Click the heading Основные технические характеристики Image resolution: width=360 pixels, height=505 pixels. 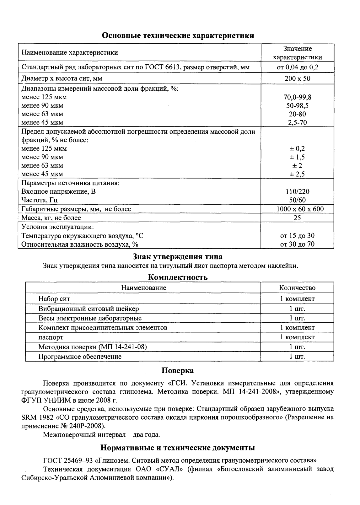coord(178,35)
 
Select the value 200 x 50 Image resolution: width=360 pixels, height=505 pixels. coord(297,78)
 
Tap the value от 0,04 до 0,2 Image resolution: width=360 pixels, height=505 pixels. coord(297,67)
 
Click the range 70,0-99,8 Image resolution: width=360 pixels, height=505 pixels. coord(297,97)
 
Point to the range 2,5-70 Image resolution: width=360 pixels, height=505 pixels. coord(297,123)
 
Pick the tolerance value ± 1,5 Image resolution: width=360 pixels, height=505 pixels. coord(297,157)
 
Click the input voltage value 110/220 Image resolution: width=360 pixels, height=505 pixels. coord(297,191)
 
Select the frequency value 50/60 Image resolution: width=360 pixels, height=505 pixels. coord(297,200)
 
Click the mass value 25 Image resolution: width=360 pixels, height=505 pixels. coord(297,218)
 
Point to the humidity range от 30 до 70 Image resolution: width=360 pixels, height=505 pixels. coord(297,244)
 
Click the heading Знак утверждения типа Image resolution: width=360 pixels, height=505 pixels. coord(178,257)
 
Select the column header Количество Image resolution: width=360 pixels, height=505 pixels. coord(297,288)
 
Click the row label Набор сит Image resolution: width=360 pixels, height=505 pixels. coord(54,299)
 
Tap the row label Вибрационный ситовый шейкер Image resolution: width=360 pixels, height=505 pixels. coord(89,309)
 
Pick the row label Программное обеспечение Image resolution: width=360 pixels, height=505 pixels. coord(80,357)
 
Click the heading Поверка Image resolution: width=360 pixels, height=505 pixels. coord(178,370)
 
